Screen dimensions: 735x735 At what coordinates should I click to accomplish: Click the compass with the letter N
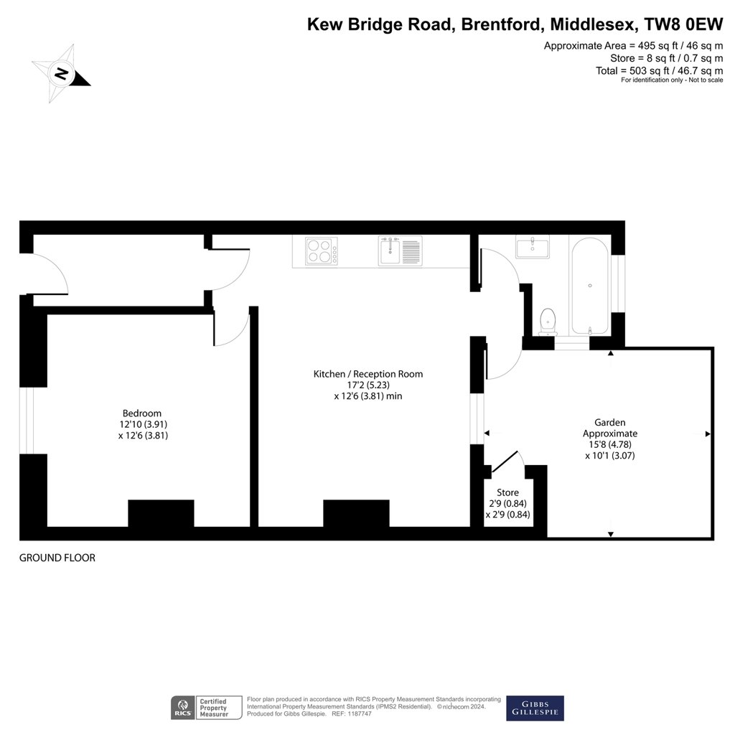60,74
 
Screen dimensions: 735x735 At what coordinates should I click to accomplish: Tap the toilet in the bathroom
548,322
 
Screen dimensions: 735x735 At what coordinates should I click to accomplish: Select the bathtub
590,286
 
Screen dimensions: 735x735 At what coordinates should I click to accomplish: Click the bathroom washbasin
533,247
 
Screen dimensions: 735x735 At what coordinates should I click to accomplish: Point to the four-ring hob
321,251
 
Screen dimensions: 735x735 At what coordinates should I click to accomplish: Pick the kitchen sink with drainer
401,251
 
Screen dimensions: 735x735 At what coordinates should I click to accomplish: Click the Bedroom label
142,413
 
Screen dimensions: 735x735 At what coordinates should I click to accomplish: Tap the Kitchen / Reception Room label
368,374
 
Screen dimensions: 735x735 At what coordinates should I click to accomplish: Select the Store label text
507,492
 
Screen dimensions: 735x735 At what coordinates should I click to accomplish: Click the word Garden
610,423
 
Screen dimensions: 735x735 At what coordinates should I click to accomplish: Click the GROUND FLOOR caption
57,558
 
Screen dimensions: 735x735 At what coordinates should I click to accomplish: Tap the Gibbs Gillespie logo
535,708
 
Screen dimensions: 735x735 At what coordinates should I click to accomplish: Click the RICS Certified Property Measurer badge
206,708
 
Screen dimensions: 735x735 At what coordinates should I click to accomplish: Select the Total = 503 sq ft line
659,71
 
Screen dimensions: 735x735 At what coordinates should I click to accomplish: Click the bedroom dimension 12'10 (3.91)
143,424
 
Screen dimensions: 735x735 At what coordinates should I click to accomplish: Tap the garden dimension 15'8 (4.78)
610,444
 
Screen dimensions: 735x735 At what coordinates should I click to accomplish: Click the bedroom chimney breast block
161,513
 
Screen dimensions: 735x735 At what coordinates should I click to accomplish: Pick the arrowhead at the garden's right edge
708,434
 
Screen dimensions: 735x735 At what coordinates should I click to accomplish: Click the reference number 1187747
358,714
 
